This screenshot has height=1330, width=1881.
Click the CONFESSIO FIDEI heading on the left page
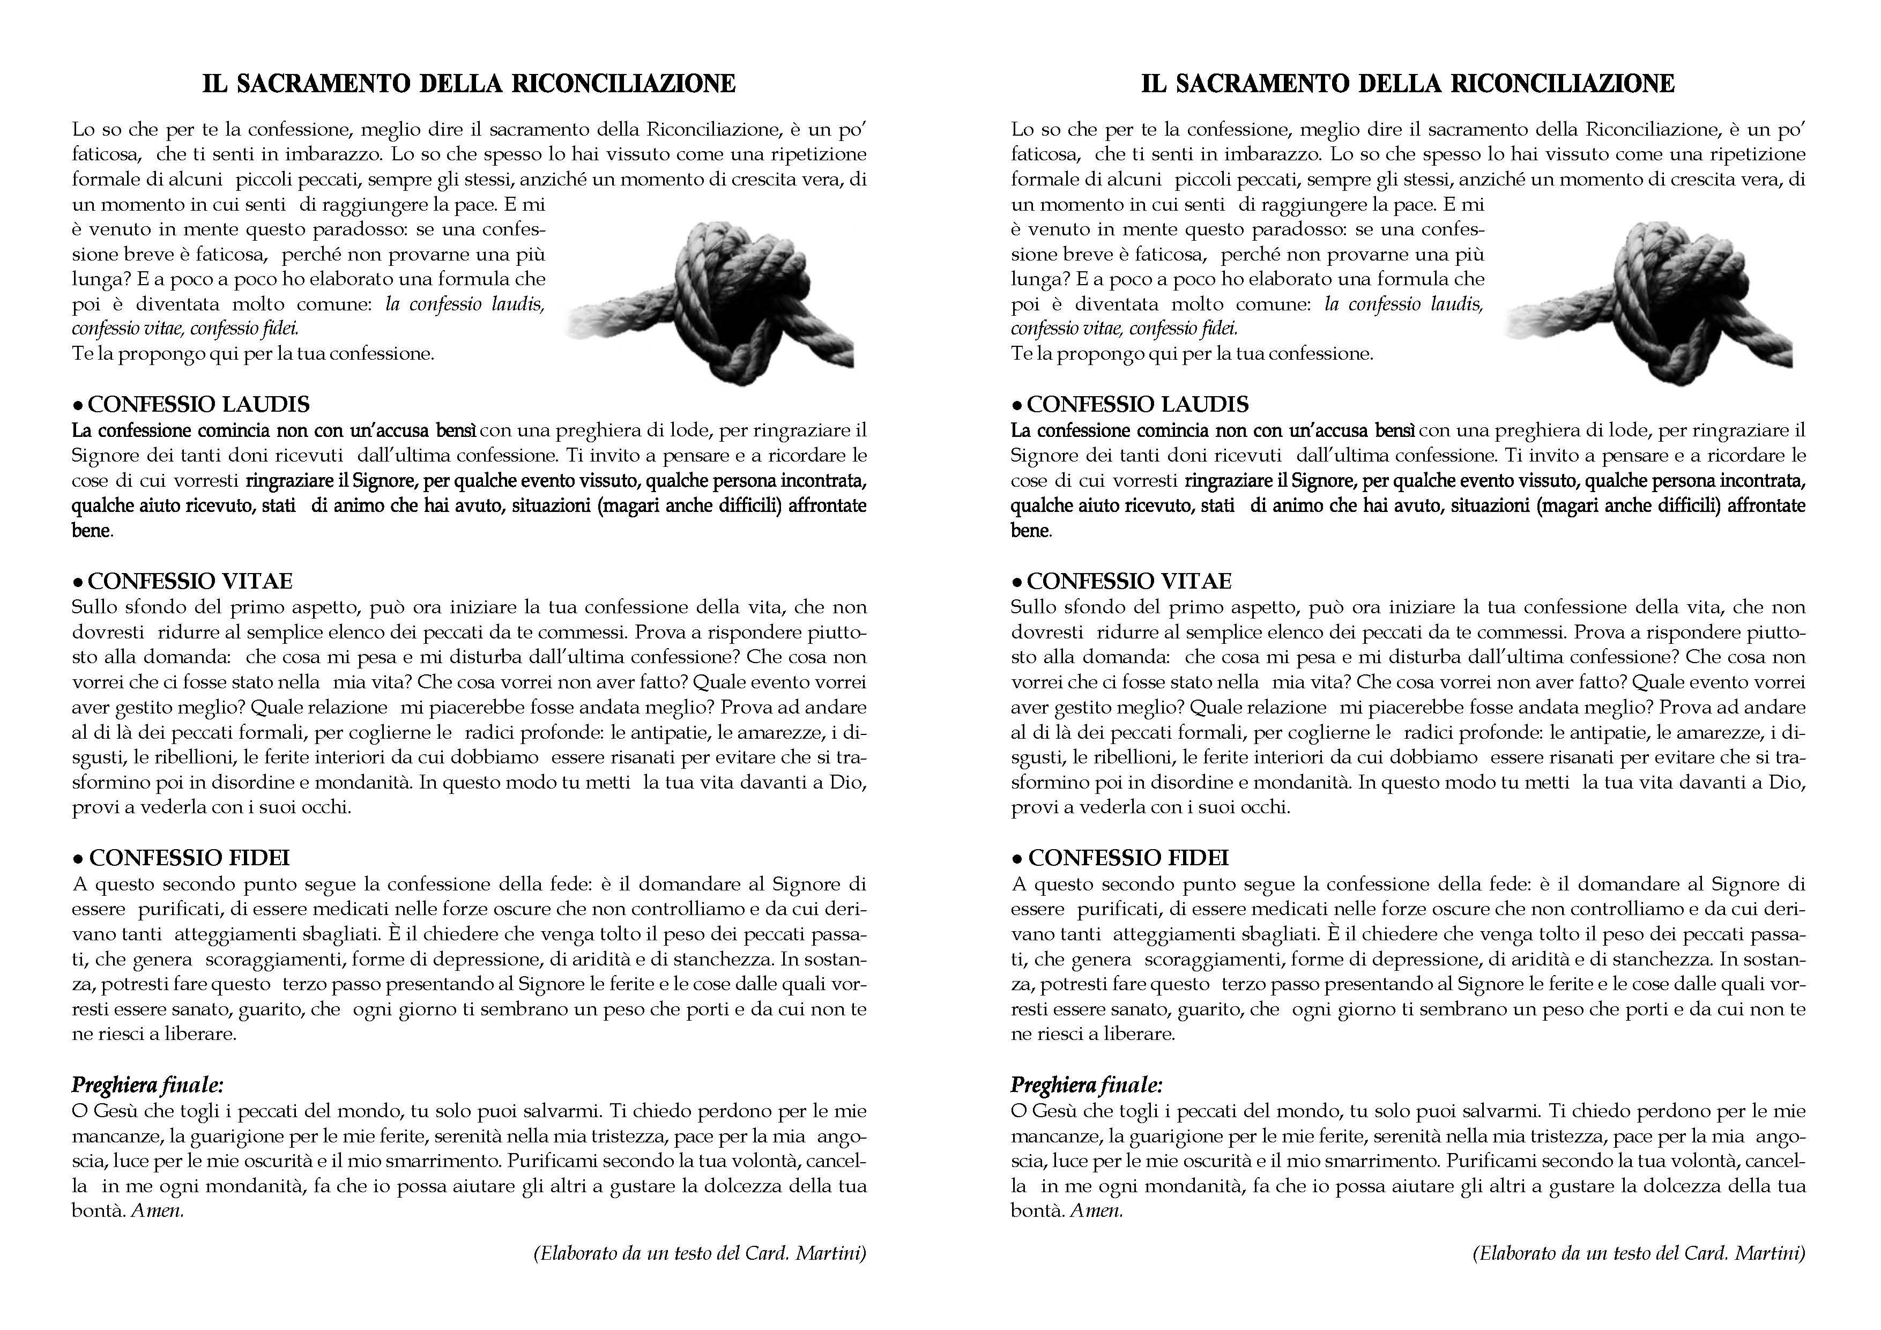[x=189, y=858]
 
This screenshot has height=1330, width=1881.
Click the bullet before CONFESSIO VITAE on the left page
[x=78, y=583]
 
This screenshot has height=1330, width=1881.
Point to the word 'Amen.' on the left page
[x=157, y=1210]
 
